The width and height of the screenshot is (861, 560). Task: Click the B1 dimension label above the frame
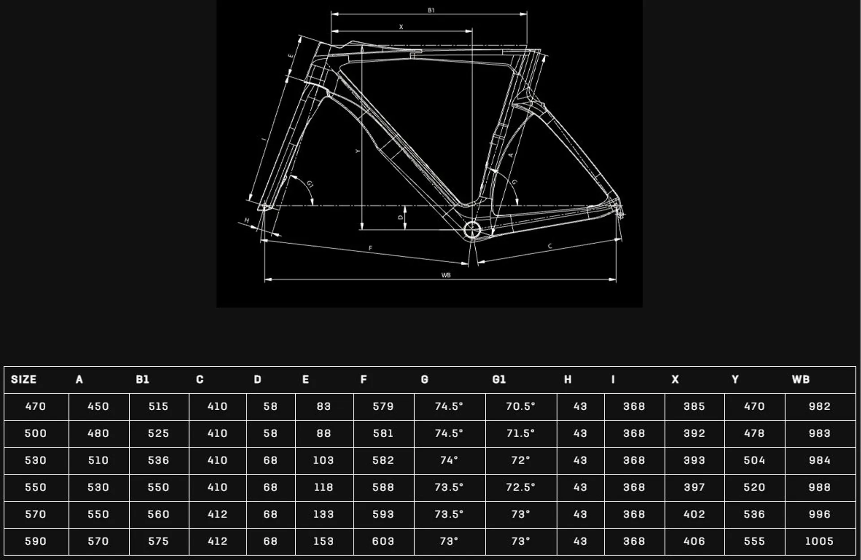431,10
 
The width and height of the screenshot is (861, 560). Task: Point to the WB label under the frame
446,275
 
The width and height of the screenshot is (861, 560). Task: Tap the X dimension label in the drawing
401,27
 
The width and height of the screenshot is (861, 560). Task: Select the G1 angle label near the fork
310,184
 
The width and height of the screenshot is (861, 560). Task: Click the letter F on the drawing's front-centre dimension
370,248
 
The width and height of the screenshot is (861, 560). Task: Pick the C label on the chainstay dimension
550,246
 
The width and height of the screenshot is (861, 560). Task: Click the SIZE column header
24,380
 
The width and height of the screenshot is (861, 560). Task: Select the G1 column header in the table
499,380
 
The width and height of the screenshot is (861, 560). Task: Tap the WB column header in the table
801,380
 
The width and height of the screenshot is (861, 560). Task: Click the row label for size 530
35,460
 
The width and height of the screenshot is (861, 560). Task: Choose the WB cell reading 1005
819,541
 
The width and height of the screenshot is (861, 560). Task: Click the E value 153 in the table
323,541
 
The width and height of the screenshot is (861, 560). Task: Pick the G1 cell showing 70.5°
520,407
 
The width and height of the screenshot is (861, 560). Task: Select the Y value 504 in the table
754,460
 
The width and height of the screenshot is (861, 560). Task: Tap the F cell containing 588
383,487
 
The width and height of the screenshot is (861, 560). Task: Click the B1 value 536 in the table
159,460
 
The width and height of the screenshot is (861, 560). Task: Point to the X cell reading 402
694,514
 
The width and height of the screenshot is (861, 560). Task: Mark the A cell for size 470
98,407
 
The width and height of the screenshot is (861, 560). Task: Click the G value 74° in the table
449,460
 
